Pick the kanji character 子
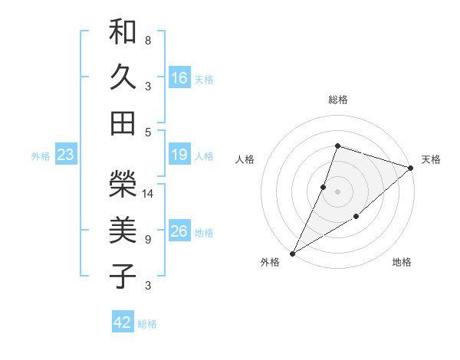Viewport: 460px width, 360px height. coord(123,276)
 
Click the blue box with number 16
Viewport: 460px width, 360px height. coord(179,78)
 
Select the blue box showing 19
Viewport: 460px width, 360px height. coord(179,155)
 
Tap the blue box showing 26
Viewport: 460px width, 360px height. coord(179,232)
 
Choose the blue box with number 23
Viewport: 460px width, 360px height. coord(66,155)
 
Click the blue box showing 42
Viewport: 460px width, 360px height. coord(123,322)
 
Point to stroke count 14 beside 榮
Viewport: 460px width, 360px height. coord(149,194)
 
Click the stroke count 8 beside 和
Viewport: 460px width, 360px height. coord(148,40)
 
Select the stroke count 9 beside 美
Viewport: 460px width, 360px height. coord(148,240)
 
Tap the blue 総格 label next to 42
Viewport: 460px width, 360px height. coord(147,324)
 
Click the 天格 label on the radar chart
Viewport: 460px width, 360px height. coord(431,159)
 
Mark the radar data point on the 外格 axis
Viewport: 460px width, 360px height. coord(292,253)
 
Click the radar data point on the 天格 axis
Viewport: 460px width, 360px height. coord(411,168)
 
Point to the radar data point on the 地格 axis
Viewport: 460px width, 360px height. coord(356,218)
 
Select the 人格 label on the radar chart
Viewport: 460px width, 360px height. coord(245,159)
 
